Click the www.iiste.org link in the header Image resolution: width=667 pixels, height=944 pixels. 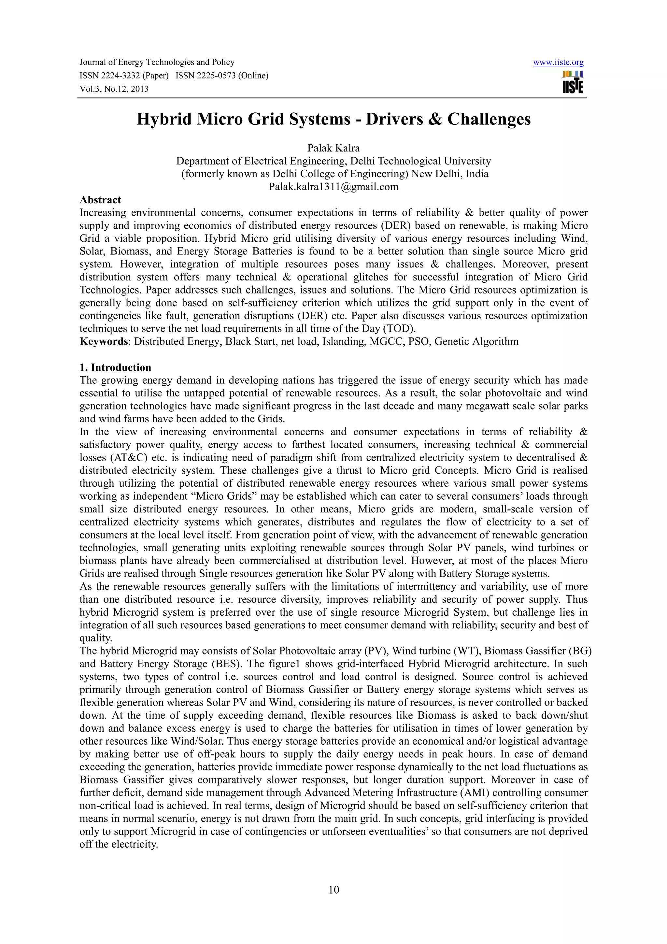point(558,63)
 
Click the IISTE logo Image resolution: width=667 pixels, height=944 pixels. point(573,82)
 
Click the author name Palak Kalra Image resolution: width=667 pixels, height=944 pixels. point(333,148)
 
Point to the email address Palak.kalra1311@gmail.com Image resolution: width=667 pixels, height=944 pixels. point(333,187)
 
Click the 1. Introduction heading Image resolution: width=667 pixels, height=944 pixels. point(116,367)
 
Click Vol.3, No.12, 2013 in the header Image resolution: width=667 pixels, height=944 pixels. point(114,89)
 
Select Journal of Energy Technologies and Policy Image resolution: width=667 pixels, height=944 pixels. point(157,63)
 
